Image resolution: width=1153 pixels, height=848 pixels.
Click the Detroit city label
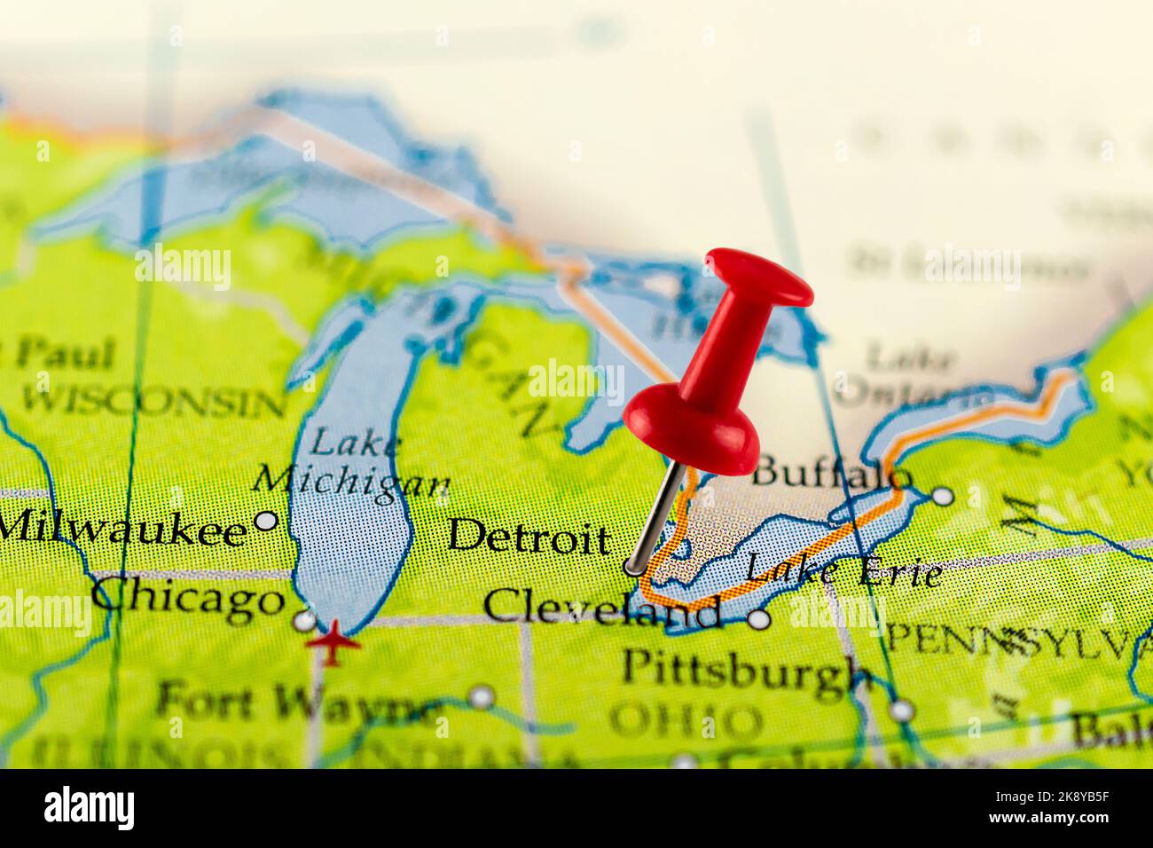[x=529, y=538]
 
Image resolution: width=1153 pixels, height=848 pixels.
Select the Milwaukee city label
[x=122, y=529]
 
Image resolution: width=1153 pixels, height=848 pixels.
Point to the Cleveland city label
[x=602, y=609]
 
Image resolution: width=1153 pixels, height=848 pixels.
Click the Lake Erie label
[x=843, y=570]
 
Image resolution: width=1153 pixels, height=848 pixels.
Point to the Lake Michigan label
[x=351, y=461]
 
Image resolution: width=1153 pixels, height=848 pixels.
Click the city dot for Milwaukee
[x=266, y=521]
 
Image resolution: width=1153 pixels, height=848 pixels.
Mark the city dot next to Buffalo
[x=944, y=495]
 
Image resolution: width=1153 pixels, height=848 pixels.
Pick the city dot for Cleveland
[x=757, y=620]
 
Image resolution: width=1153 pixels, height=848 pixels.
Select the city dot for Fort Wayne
[x=482, y=696]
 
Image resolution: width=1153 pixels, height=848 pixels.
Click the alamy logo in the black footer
[x=90, y=808]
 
